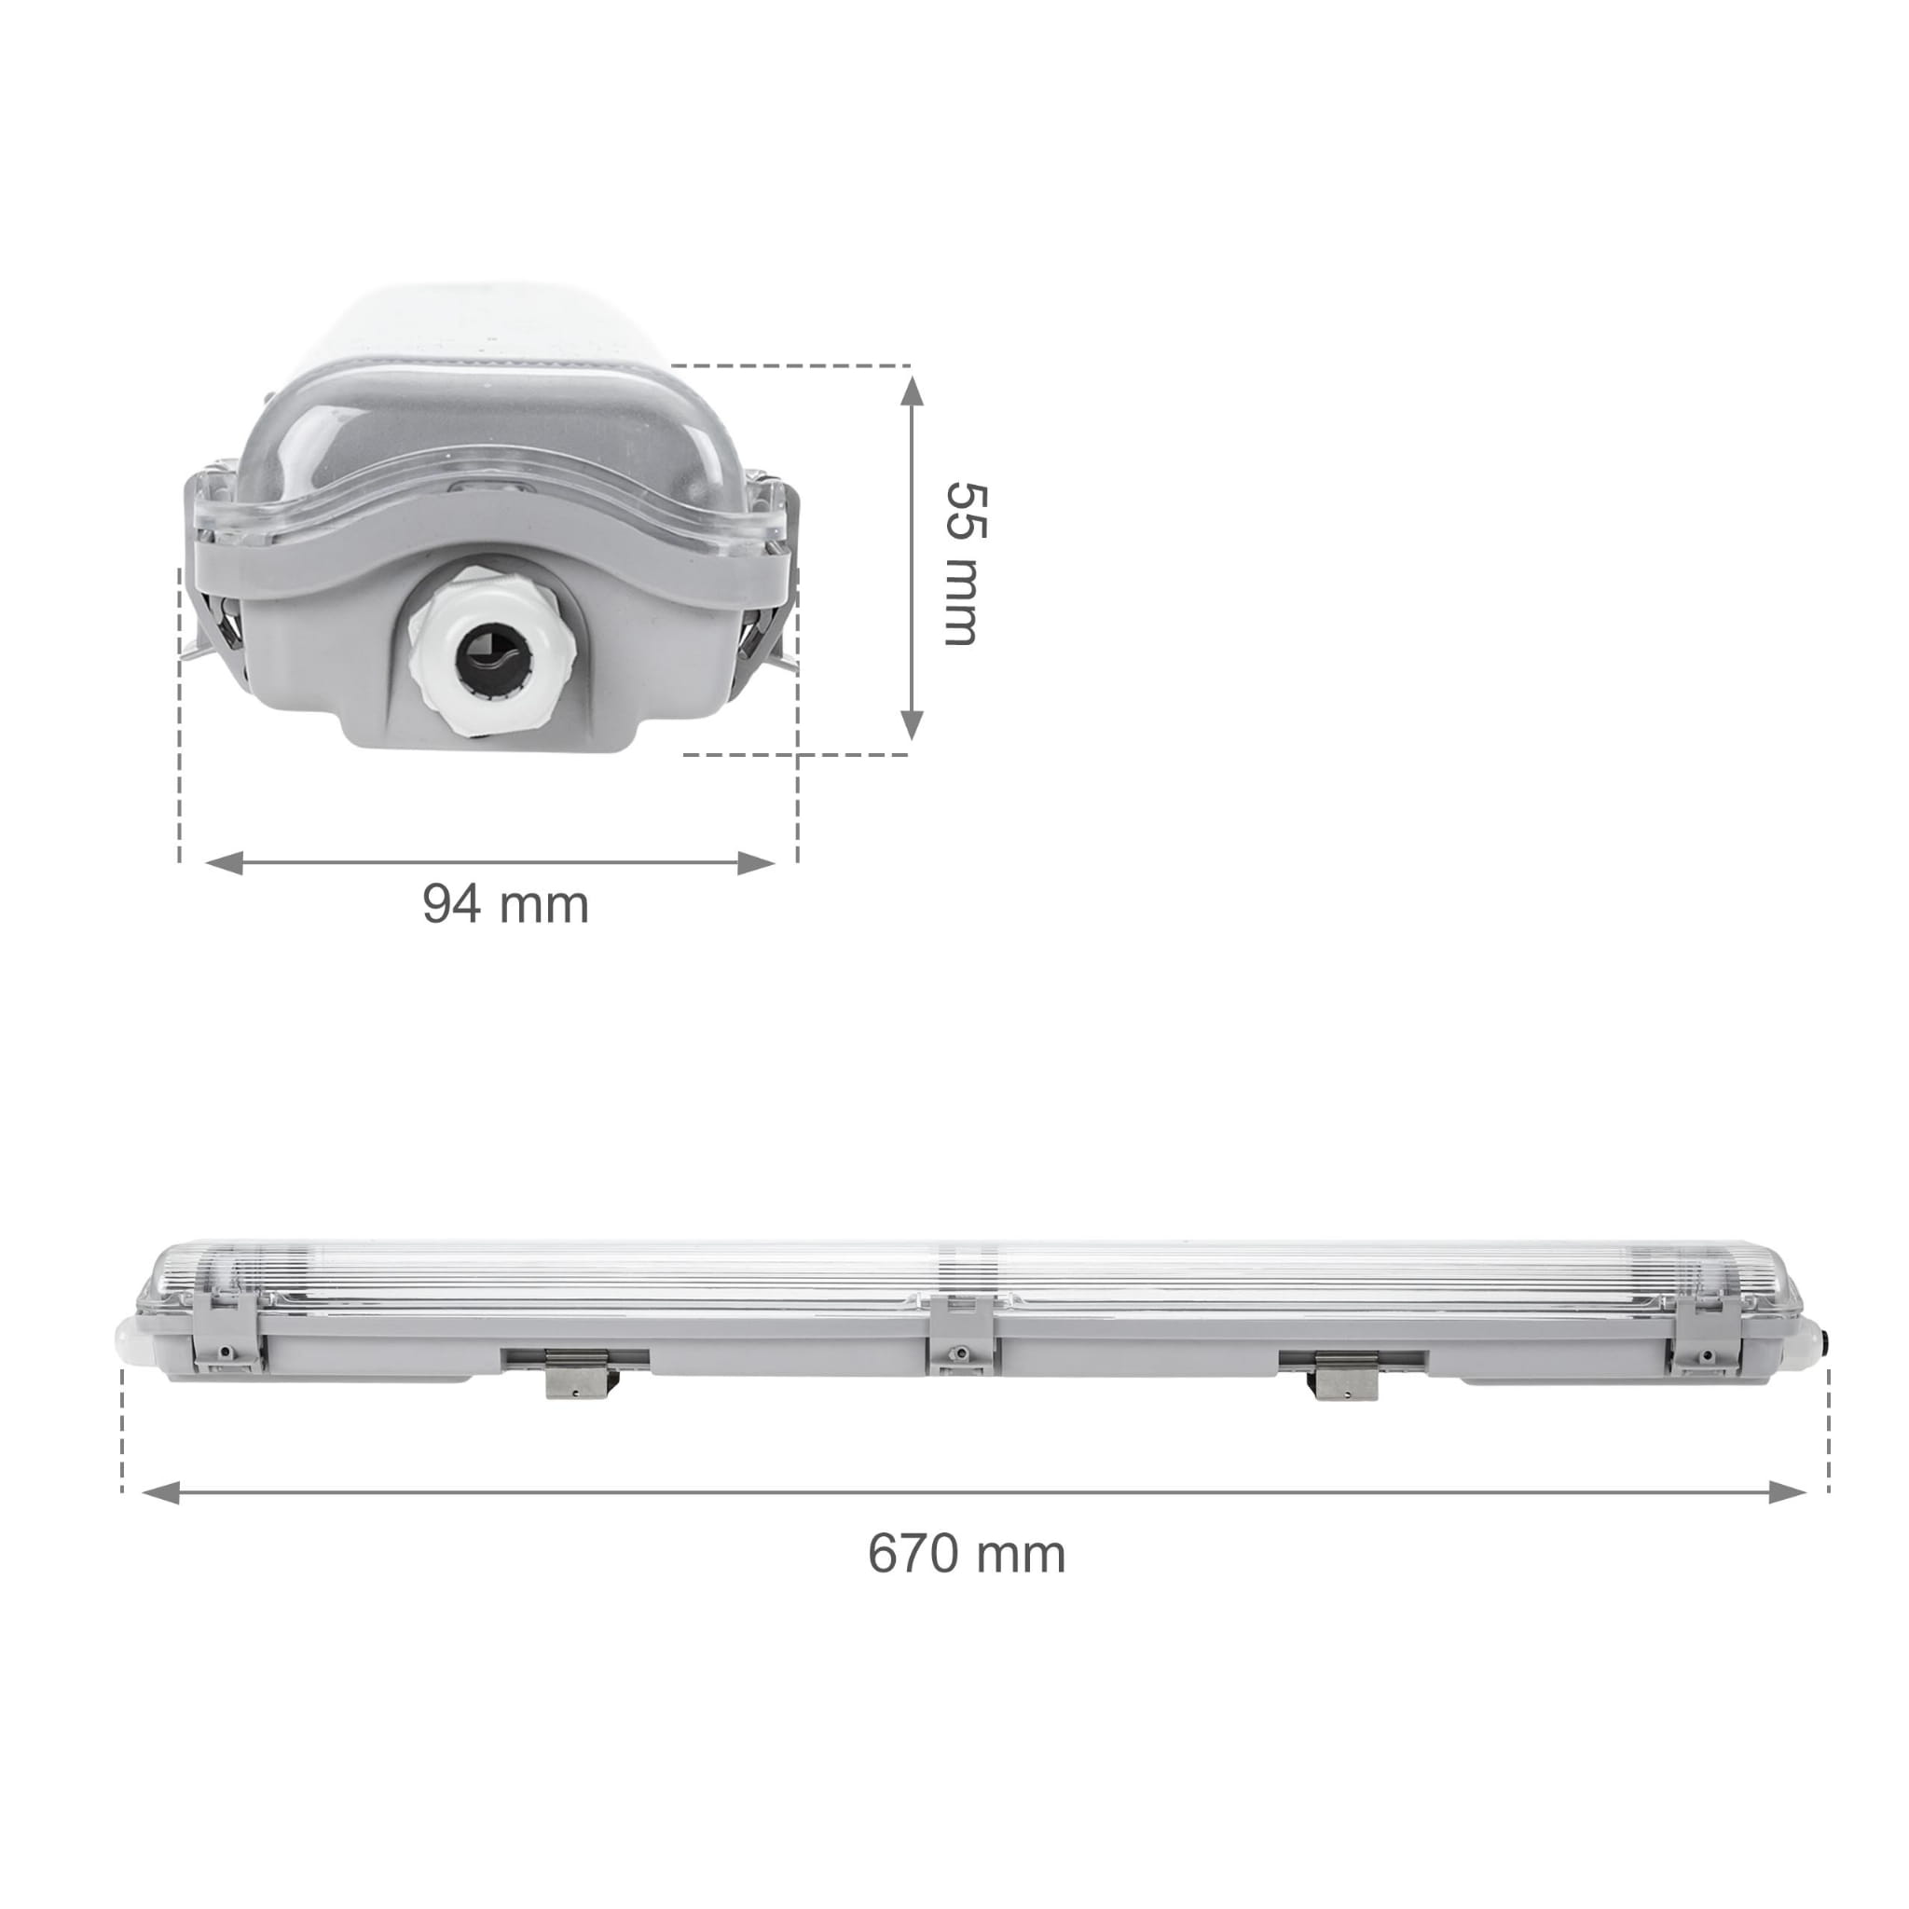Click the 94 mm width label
click(x=505, y=903)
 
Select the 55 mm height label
click(x=965, y=564)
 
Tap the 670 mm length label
click(x=967, y=1553)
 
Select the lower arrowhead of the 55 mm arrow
click(x=912, y=723)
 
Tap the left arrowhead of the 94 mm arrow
click(x=224, y=862)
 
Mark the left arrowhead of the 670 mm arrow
click(x=160, y=1492)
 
